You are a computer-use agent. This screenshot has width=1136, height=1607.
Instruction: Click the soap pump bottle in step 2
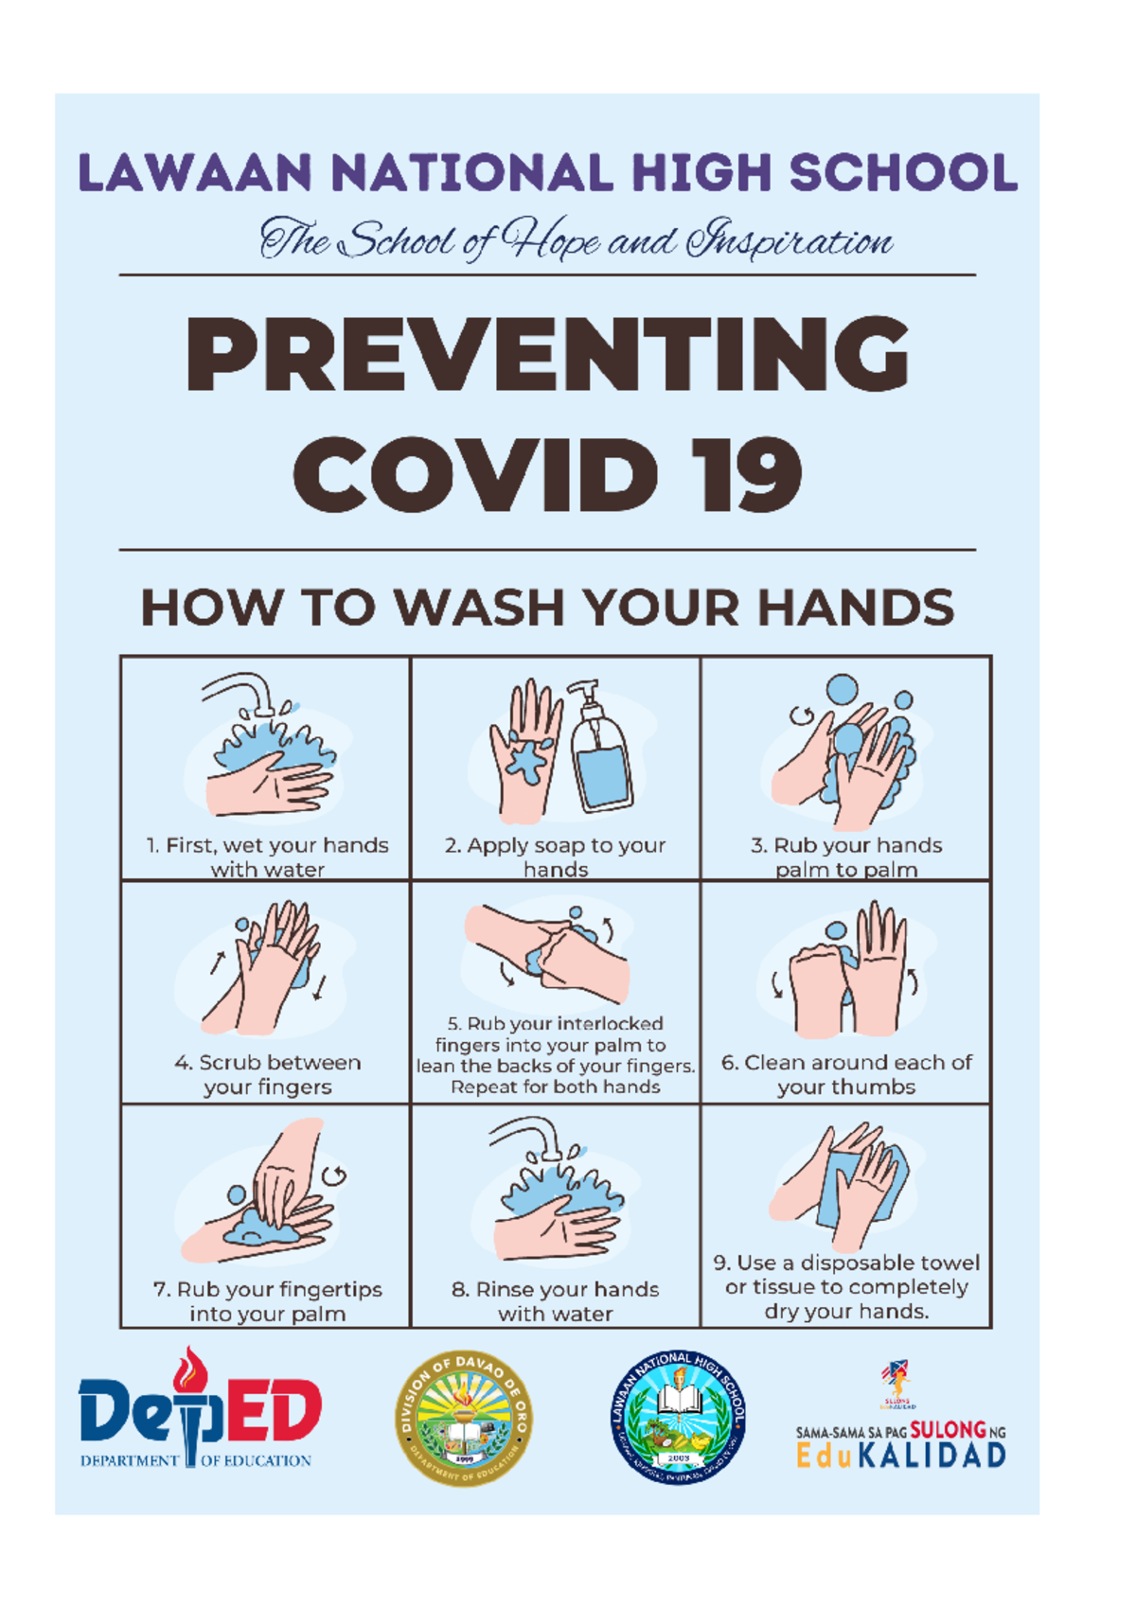(x=600, y=748)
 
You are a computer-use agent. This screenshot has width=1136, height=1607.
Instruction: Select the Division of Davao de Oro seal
(x=463, y=1417)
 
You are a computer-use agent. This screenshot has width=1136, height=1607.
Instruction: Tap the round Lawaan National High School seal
(x=678, y=1417)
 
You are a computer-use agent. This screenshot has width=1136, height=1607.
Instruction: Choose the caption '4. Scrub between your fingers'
(x=268, y=1074)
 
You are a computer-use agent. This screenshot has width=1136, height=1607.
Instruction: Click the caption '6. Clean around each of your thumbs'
(x=846, y=1074)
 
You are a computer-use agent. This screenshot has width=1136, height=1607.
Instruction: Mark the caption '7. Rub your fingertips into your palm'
(x=268, y=1301)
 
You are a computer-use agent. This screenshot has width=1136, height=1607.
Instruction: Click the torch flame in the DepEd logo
(x=190, y=1369)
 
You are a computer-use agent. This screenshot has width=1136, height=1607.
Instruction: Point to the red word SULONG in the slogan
(x=947, y=1430)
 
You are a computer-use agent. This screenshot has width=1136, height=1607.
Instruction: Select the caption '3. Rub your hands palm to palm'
(x=846, y=856)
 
